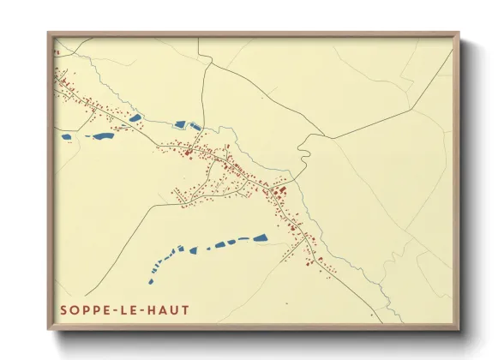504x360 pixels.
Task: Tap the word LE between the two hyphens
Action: pos(130,309)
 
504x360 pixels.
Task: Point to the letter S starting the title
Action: pos(64,309)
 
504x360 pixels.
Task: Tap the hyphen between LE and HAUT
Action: pos(142,309)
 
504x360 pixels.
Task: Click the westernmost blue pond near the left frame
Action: pos(66,135)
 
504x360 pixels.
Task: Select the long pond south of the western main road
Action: pos(103,135)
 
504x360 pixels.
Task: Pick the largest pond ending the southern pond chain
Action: pos(258,238)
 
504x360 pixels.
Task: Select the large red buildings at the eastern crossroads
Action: pos(281,189)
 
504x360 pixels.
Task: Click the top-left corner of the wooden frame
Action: pos(49,34)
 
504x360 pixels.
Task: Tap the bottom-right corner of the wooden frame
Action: pos(459,331)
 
